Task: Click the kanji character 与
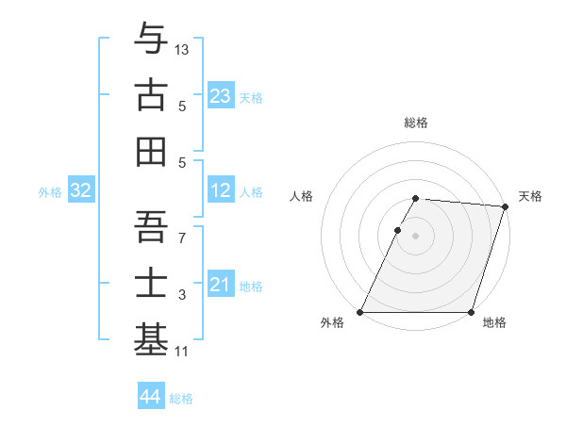(151, 40)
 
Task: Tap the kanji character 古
(151, 96)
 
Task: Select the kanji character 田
(151, 151)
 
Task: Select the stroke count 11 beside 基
(183, 352)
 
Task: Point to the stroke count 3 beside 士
(183, 295)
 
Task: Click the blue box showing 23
(221, 96)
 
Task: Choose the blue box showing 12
(221, 191)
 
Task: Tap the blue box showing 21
(221, 286)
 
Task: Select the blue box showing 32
(81, 191)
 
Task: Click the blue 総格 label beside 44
(181, 399)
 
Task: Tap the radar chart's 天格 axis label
(530, 196)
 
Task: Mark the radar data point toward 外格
(360, 312)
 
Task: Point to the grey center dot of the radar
(415, 236)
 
